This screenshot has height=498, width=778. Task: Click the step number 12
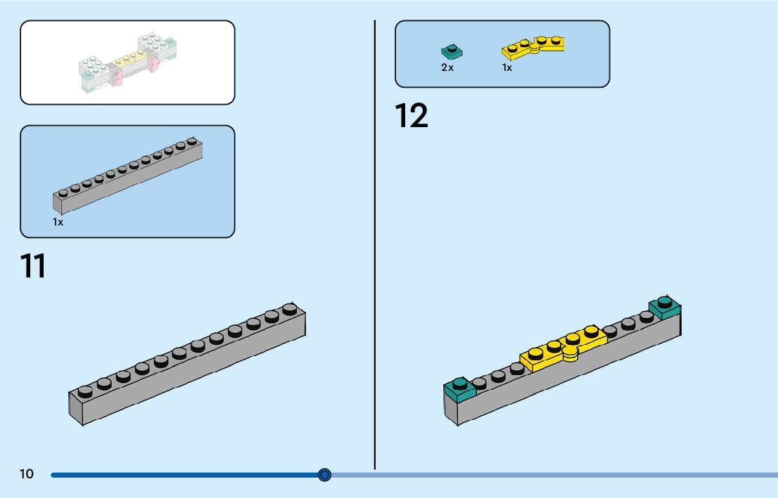412,115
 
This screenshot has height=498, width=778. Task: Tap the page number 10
26,473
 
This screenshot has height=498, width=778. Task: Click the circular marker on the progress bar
324,475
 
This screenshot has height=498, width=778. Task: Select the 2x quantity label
447,67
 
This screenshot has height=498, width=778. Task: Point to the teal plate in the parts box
452,51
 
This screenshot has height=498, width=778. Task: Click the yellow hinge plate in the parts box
533,48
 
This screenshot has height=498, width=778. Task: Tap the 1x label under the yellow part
506,67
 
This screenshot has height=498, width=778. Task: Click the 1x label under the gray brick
58,222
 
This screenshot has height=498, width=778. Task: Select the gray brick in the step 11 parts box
127,176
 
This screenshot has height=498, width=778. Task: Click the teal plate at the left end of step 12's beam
460,390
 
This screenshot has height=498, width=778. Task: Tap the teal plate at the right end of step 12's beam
665,307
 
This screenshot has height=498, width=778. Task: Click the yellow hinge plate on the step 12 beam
563,348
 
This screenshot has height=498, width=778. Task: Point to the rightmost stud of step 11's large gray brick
290,309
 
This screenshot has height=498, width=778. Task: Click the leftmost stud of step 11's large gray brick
85,392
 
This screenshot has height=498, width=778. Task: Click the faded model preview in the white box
127,63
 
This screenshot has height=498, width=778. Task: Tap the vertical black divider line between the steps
375,245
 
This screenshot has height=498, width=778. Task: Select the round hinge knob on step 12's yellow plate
570,353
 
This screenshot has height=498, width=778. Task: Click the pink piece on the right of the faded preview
154,64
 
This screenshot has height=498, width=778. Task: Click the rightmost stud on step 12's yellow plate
591,332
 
